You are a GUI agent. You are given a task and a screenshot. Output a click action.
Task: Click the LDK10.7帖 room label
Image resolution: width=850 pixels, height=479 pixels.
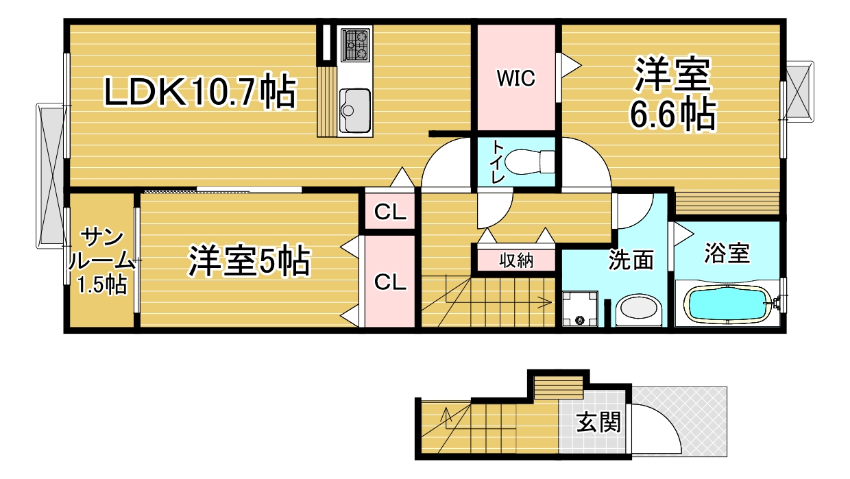click(200, 91)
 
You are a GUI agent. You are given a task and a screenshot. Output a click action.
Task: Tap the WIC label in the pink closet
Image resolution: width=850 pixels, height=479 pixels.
click(515, 78)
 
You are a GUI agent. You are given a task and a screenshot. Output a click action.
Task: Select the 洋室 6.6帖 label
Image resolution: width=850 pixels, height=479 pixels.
click(672, 94)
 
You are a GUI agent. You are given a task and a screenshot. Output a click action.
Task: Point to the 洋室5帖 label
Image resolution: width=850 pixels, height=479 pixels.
click(250, 261)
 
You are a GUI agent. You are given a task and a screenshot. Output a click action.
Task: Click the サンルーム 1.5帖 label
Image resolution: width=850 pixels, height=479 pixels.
click(101, 261)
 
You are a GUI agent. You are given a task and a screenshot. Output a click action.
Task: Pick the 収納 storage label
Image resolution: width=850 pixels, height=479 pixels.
click(516, 260)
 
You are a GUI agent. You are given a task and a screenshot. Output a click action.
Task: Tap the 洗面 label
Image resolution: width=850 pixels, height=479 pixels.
click(631, 260)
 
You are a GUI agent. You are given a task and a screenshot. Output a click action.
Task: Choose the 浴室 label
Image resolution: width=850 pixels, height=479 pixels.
click(727, 253)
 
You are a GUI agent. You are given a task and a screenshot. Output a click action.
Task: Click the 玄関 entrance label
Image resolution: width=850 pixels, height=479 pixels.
click(598, 422)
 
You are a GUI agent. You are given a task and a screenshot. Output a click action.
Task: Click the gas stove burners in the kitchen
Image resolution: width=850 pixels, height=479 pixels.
click(355, 45)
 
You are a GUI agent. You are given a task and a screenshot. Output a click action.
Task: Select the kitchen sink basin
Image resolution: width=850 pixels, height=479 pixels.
click(355, 110)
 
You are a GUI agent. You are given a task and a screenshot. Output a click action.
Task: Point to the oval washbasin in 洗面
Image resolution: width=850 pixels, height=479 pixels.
click(638, 307)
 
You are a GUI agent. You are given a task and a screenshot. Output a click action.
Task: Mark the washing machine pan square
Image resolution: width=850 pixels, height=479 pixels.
click(580, 309)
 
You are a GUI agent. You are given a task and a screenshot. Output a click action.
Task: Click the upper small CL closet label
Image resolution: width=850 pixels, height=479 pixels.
click(390, 212)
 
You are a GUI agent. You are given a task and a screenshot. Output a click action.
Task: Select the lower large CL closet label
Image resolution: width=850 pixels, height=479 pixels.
click(390, 282)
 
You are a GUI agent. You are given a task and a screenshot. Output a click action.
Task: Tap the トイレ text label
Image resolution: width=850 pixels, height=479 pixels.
click(498, 162)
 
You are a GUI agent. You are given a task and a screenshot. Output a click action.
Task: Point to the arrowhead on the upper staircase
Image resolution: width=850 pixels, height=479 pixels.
click(546, 302)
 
